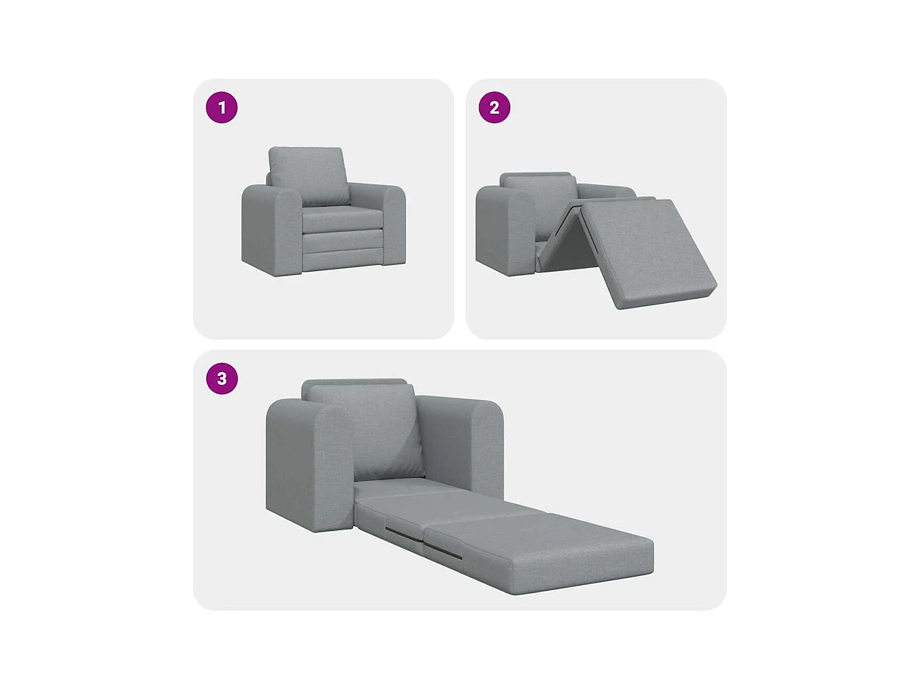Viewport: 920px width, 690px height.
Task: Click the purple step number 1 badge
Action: click(x=221, y=108)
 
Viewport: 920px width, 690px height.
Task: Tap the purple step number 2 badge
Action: click(x=494, y=108)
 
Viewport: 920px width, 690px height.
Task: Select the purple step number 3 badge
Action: click(x=221, y=378)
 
